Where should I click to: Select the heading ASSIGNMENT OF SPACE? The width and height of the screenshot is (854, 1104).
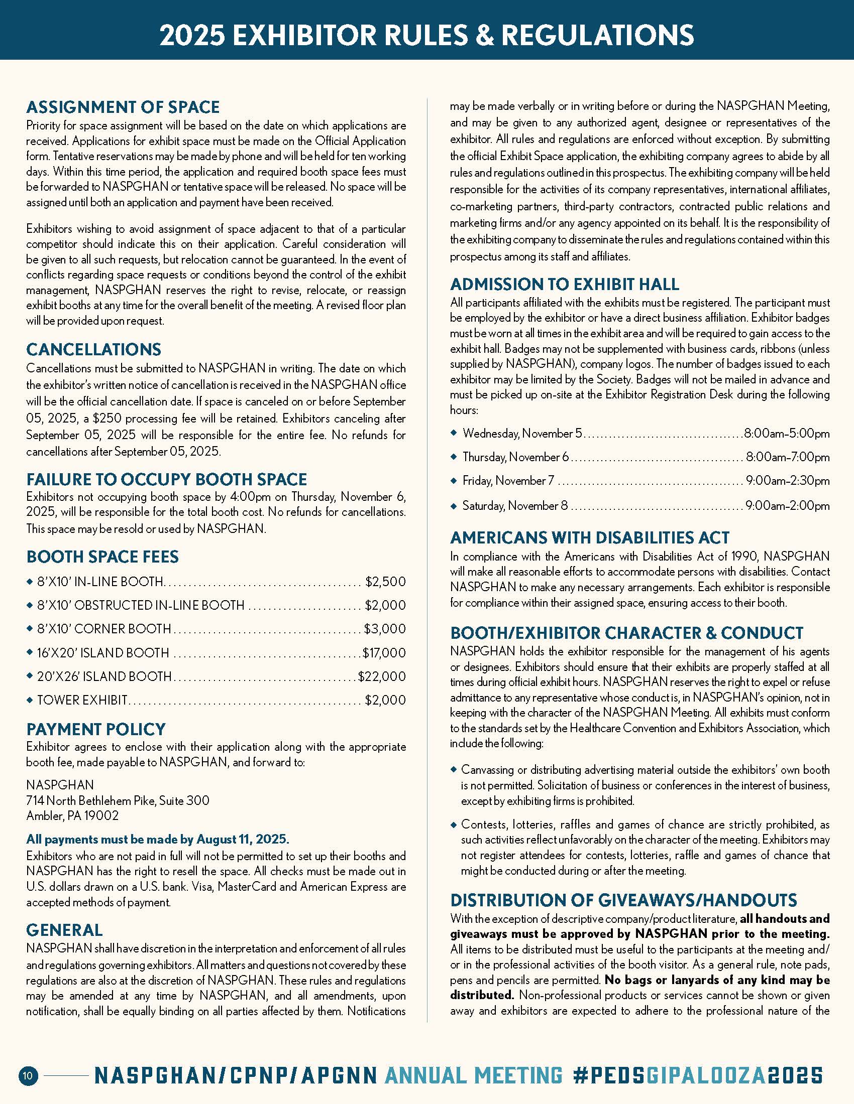(123, 107)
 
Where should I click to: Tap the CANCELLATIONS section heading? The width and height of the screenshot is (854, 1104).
(93, 349)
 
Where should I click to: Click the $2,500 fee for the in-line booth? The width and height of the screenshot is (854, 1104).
(385, 582)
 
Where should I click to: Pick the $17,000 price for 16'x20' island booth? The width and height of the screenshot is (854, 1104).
(384, 653)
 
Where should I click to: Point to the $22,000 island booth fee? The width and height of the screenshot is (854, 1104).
(382, 676)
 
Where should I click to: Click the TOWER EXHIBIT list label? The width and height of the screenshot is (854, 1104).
(82, 700)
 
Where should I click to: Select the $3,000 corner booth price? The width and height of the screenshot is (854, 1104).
(385, 629)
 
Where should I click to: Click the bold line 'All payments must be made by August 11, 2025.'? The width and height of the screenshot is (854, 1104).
(158, 839)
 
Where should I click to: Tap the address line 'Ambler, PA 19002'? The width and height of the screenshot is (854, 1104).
(72, 815)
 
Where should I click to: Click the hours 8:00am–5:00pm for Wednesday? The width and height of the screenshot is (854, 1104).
(787, 433)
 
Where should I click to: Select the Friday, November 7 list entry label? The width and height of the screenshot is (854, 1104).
(508, 480)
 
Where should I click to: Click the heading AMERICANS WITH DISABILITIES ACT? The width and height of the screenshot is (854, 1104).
(589, 537)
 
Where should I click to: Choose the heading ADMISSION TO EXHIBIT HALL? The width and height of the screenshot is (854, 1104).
(564, 284)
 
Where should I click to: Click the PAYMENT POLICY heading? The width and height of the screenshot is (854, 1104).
(96, 729)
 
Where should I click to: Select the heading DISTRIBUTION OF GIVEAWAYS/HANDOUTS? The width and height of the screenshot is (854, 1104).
(623, 900)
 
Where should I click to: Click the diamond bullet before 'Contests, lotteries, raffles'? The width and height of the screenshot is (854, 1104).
(454, 825)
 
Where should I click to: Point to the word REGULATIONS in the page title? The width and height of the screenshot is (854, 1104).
(597, 36)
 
